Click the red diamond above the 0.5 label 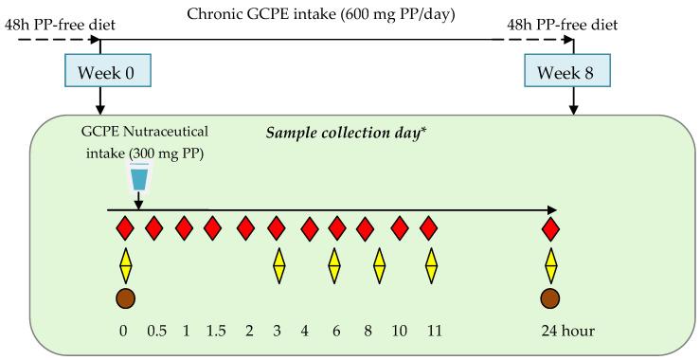coord(153,228)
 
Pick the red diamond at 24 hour coord(550,228)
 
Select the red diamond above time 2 coord(246,228)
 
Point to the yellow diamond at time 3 coord(278,265)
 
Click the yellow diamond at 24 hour coord(550,265)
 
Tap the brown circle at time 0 coord(125,299)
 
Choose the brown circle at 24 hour coord(550,299)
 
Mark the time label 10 coord(399,332)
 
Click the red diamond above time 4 coord(309,228)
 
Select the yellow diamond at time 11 coord(432,265)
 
